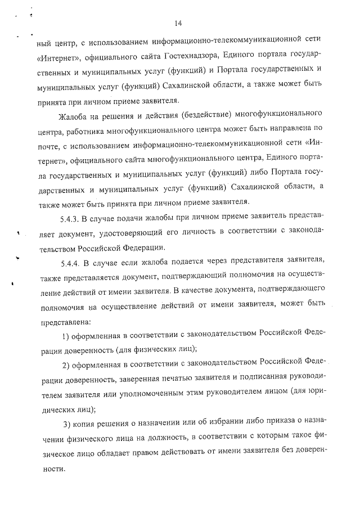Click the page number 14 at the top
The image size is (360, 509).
pyautogui.click(x=178, y=23)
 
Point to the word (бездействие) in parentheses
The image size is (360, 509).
pyautogui.click(x=205, y=117)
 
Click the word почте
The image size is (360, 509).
pyautogui.click(x=49, y=147)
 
